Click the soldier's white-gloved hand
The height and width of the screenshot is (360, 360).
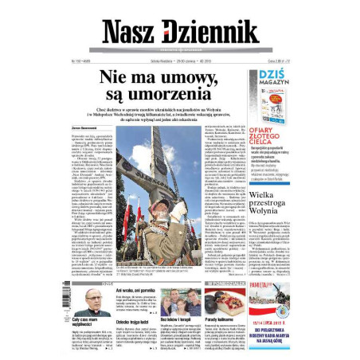[x=188, y=209]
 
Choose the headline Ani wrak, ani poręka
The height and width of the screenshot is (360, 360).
[x=135, y=291]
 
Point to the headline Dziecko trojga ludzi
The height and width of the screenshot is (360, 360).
[x=135, y=319]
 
